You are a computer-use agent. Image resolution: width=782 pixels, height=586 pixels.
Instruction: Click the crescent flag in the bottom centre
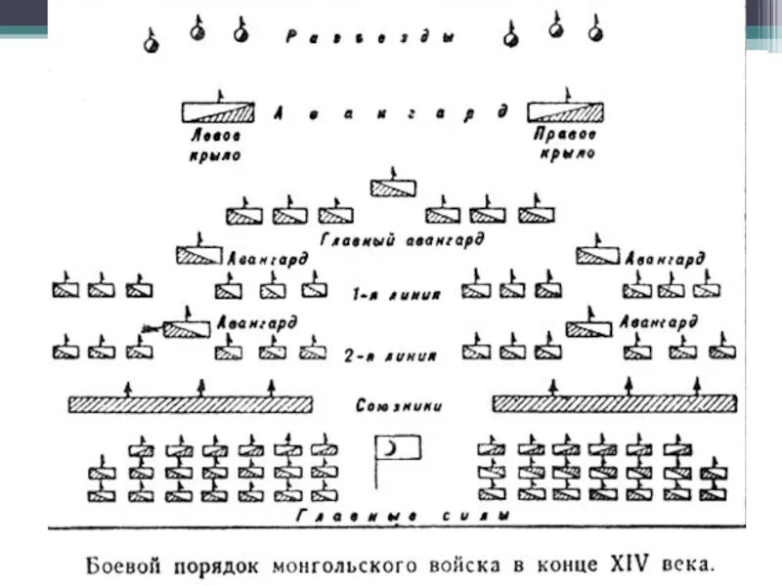click(x=398, y=448)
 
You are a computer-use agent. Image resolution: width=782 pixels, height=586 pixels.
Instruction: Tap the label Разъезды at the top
click(x=372, y=38)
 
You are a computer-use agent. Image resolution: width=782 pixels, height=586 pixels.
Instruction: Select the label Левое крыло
click(x=216, y=146)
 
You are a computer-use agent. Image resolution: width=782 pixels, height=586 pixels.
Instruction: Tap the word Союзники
click(x=400, y=403)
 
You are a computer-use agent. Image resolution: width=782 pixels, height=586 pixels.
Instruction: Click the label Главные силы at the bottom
click(x=401, y=516)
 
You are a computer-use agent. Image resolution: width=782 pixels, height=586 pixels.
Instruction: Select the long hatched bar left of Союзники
click(x=190, y=403)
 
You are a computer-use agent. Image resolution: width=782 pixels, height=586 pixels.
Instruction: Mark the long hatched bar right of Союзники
click(x=614, y=403)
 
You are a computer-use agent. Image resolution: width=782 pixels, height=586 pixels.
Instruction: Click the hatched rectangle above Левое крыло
click(x=218, y=111)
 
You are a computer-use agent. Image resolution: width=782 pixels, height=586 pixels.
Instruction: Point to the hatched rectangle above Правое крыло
click(x=565, y=111)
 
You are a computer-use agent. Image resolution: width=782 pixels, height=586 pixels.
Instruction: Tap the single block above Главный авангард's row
click(x=395, y=187)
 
